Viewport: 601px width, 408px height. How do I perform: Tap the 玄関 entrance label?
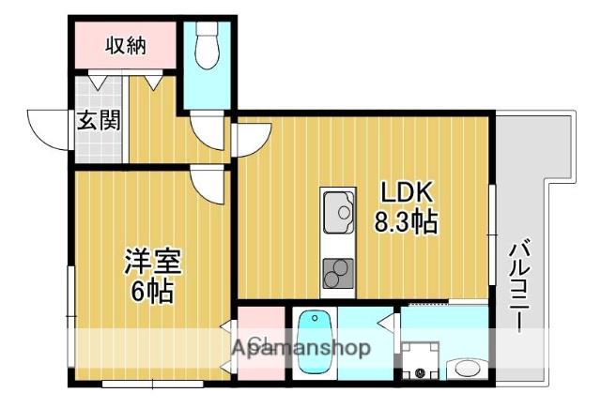pos(98,121)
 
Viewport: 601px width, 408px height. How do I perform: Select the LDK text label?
pos(406,193)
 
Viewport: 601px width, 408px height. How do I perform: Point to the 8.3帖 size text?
pos(406,223)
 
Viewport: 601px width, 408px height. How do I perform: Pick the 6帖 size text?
pos(152,292)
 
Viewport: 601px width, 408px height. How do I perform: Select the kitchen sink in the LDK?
pos(338,212)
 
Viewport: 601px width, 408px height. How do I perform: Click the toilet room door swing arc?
pos(205,132)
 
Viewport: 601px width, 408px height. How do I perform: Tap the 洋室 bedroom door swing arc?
pos(208,185)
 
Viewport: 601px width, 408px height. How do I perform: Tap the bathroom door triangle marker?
pos(386,324)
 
